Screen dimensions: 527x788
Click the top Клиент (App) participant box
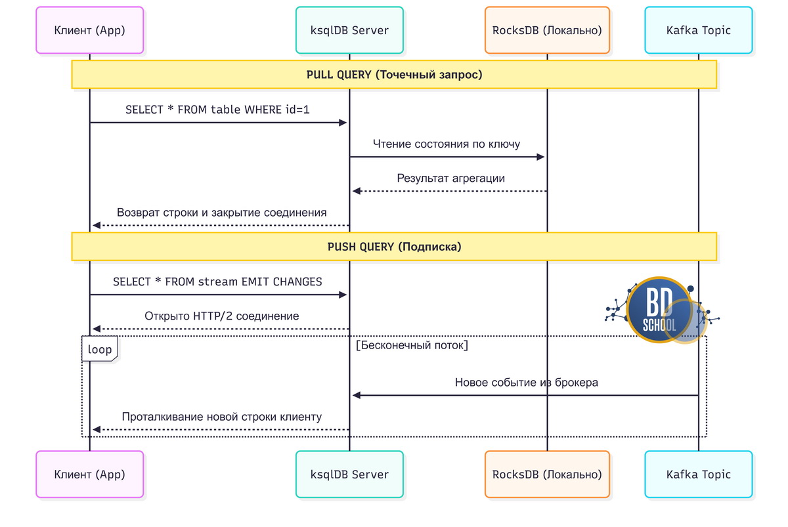(89, 30)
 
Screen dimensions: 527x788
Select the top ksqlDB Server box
(349, 30)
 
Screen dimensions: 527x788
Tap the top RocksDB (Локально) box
(547, 30)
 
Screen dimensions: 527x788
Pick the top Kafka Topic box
(698, 30)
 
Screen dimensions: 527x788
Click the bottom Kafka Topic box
(698, 474)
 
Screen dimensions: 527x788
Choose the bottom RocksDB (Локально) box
(547, 474)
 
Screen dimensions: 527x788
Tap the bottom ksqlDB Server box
(349, 474)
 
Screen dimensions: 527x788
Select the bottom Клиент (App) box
(89, 474)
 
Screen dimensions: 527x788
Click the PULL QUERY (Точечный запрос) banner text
(394, 75)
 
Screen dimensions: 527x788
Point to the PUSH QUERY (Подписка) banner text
(394, 247)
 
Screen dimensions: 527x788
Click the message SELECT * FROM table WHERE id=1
(217, 110)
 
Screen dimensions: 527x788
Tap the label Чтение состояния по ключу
(447, 144)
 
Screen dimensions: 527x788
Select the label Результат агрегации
(450, 178)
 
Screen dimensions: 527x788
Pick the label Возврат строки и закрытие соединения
(222, 213)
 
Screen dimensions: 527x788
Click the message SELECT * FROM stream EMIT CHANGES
(217, 282)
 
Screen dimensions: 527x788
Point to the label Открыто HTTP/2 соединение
(222, 316)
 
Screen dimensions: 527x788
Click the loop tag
(100, 349)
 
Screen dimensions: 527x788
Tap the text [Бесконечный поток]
(412, 345)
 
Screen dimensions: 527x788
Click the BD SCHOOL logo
(661, 310)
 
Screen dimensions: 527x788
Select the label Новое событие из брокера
(526, 382)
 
